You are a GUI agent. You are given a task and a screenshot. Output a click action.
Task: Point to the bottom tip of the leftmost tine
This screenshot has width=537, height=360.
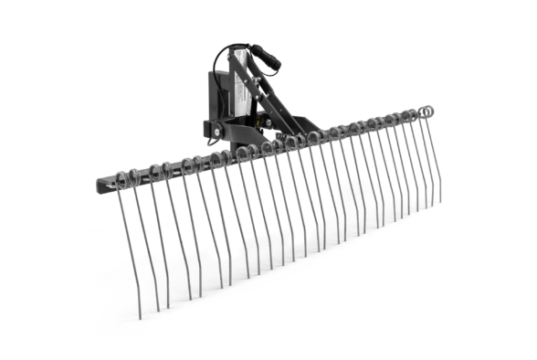tap(139, 316)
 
